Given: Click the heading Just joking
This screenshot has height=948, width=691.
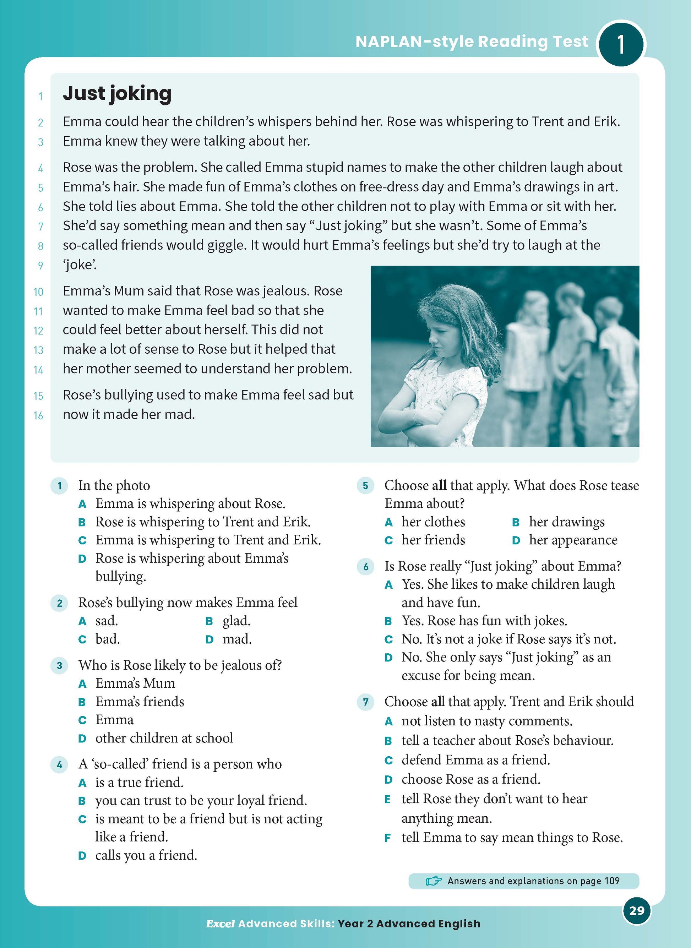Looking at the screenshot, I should (x=117, y=94).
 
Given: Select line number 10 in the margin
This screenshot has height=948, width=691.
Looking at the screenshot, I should (x=38, y=292).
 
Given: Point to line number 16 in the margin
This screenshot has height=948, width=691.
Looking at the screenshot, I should (x=38, y=415).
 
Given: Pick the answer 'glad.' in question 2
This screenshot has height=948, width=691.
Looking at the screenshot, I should (x=236, y=621).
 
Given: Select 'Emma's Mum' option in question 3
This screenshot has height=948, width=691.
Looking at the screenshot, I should (x=135, y=683).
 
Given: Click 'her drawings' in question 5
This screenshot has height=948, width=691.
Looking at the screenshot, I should (x=566, y=522).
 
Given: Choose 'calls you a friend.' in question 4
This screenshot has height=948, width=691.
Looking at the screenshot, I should (x=146, y=855).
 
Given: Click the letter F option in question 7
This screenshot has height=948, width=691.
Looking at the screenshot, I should (x=388, y=838).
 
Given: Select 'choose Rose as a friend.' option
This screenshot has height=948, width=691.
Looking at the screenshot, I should (x=470, y=779).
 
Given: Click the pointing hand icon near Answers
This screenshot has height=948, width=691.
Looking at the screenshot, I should (x=433, y=881).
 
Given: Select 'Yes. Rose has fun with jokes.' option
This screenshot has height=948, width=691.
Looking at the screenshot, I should (x=484, y=621).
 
